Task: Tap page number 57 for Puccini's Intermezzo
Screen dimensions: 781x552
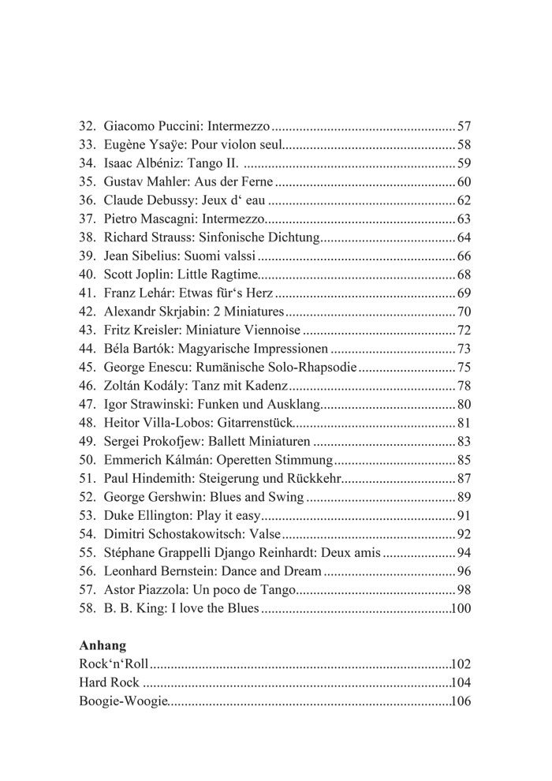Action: tap(464, 126)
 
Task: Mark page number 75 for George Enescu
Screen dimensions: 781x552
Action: tap(464, 367)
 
